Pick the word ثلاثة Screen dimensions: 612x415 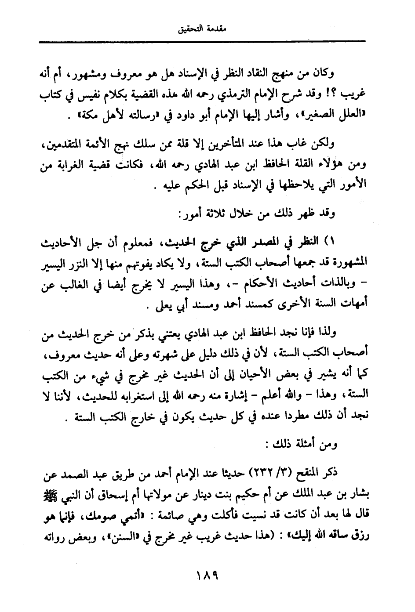click(x=209, y=214)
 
